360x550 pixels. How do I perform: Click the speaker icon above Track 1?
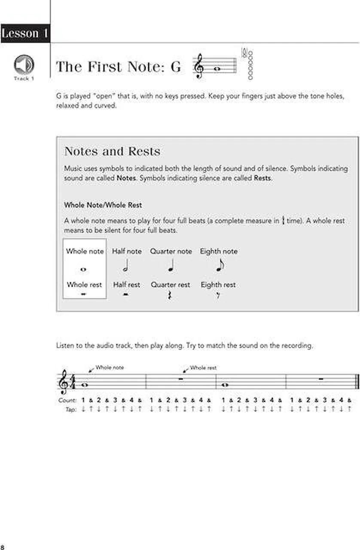[x=24, y=64]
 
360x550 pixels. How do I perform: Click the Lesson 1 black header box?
[x=25, y=34]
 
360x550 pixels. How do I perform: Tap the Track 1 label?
[x=24, y=79]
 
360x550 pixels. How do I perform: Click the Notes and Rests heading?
[x=112, y=151]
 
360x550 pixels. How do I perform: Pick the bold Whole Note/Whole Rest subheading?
[x=103, y=205]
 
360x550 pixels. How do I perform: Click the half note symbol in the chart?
[x=126, y=267]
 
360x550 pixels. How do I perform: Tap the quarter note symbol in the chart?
[x=171, y=267]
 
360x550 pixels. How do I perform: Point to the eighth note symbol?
[x=220, y=266]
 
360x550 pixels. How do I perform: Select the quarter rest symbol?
[x=170, y=295]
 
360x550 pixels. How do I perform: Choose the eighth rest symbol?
[x=218, y=295]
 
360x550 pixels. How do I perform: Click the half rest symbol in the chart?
[x=126, y=296]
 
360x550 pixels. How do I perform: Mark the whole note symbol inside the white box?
[x=83, y=269]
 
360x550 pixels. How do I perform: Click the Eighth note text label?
[x=218, y=251]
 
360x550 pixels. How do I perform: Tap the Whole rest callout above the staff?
[x=203, y=368]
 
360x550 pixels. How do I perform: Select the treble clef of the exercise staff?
[x=64, y=382]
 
